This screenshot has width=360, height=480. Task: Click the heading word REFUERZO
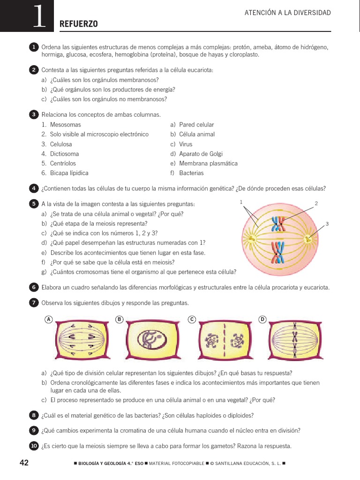(x=79, y=24)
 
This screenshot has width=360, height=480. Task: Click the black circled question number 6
(x=34, y=287)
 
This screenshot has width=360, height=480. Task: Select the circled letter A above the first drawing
(x=48, y=320)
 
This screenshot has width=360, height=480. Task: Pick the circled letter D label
(x=262, y=320)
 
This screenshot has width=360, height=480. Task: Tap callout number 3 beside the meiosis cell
(x=327, y=224)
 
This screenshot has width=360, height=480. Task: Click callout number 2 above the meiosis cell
(x=316, y=203)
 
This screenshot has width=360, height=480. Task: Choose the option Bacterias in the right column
(x=191, y=173)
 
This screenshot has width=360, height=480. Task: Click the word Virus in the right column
(x=186, y=144)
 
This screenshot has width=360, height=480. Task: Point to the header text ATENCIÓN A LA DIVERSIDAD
(x=288, y=13)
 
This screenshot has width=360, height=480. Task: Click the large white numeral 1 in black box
(x=39, y=18)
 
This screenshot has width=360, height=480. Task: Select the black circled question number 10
(x=34, y=446)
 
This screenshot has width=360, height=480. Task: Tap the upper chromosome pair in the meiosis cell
(x=279, y=225)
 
